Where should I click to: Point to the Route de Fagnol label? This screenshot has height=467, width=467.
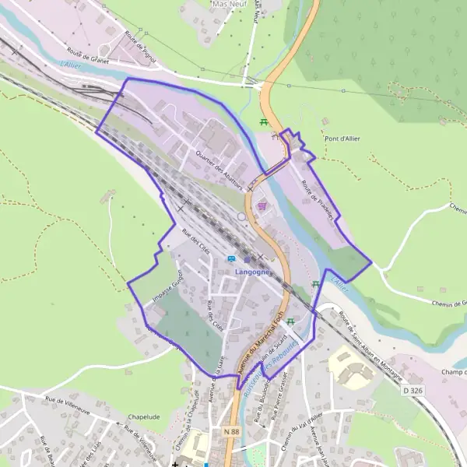(139, 44)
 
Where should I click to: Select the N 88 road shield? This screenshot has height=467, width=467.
(230, 430)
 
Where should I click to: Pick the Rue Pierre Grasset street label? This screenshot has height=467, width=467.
(279, 405)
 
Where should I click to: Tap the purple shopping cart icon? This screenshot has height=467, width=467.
(262, 205)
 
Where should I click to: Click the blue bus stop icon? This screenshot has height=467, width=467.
(231, 258)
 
